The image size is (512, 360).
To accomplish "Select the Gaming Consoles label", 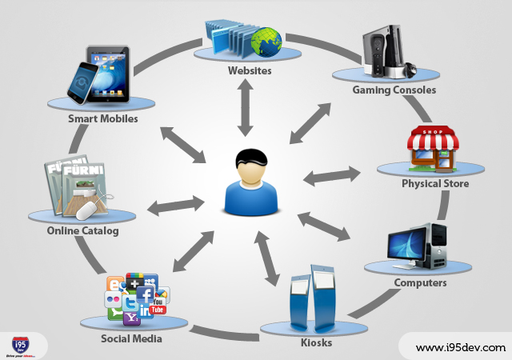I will [394, 90].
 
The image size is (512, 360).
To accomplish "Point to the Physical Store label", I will [435, 184].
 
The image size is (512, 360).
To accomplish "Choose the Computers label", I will [420, 282].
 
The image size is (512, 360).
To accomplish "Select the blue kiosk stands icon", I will [312, 300].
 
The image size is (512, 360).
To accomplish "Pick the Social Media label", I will [131, 338].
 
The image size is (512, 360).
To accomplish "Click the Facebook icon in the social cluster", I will [145, 294].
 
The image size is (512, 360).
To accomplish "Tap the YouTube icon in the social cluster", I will [158, 307].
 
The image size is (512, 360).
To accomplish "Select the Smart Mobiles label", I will [102, 118].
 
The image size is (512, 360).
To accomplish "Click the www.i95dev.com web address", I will [461, 347].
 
